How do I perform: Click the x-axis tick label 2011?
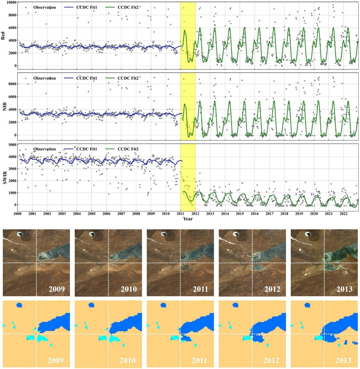pyautogui.click(x=180, y=213)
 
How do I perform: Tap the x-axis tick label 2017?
pyautogui.click(x=269, y=213)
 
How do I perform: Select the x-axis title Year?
pyautogui.click(x=188, y=219)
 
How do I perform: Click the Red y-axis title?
pyautogui.click(x=3, y=35)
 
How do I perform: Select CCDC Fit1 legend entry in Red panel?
pyautogui.click(x=81, y=7)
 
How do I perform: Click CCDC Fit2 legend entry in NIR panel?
pyautogui.click(x=123, y=78)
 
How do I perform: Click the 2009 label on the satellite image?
pyautogui.click(x=56, y=289)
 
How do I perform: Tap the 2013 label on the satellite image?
pyautogui.click(x=344, y=289)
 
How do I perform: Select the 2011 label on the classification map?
pyautogui.click(x=200, y=360)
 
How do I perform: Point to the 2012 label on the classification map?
pyautogui.click(x=271, y=360)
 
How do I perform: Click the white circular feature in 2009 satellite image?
pyautogui.click(x=20, y=234)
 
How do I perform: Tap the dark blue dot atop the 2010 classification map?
pyautogui.click(x=91, y=305)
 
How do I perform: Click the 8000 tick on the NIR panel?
pyautogui.click(x=12, y=84)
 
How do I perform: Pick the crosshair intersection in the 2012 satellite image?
pyautogui.click(x=252, y=263)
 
